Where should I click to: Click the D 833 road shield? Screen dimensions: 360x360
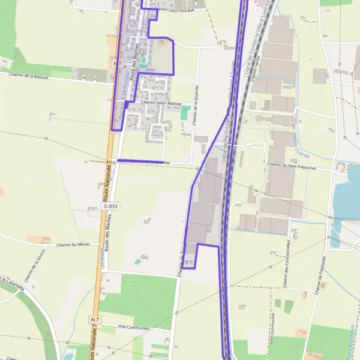pyautogui.click(x=110, y=206)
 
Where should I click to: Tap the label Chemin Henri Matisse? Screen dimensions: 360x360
pyautogui.click(x=161, y=103)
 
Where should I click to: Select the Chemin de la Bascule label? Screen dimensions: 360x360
pyautogui.click(x=29, y=76)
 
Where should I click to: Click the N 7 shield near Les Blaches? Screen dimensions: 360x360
pyautogui.click(x=117, y=63)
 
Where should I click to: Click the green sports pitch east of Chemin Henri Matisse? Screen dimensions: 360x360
pyautogui.click(x=185, y=112)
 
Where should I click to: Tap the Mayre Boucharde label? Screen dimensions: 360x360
pyautogui.click(x=349, y=339)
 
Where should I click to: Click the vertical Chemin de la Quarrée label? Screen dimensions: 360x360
pyautogui.click(x=196, y=105)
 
